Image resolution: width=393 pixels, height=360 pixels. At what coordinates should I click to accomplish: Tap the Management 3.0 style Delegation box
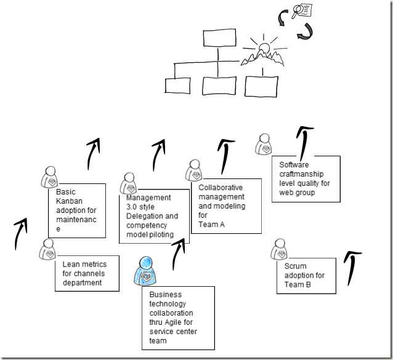[x=154, y=216]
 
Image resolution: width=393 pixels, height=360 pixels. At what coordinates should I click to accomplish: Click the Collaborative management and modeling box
[x=226, y=207]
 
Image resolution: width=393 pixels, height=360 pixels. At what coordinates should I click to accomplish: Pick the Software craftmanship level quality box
[x=306, y=179]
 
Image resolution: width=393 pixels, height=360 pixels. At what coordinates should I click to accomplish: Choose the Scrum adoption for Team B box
[x=306, y=276]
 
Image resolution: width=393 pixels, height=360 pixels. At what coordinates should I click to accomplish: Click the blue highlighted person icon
[x=147, y=271]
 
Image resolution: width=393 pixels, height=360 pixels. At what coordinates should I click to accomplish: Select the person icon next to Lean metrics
[x=48, y=249]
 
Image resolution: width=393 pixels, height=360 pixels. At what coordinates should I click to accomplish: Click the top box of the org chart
[x=216, y=39]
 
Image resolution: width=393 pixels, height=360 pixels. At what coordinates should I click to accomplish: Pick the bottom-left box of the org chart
[x=174, y=86]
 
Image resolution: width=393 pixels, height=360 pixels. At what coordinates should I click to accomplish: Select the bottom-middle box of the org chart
[x=216, y=86]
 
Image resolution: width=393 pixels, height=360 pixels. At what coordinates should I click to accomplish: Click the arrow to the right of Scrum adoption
[x=353, y=266]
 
